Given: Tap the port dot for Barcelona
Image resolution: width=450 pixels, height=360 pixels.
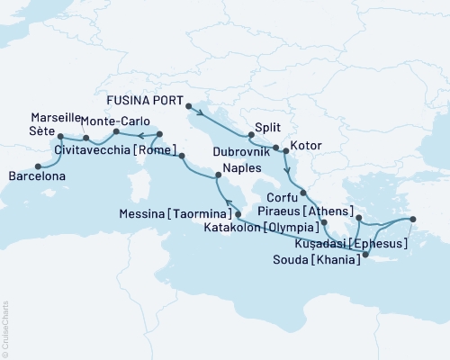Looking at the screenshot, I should point(37,166).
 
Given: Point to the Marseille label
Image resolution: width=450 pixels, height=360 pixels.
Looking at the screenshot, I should point(57,119).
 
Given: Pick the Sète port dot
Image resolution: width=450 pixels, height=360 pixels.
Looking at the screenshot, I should point(60,137).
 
